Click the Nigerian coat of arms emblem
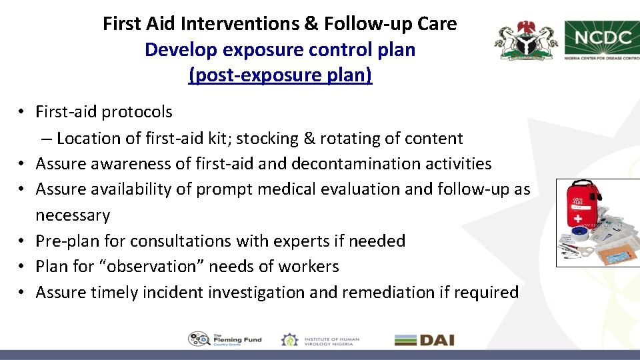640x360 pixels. click(525, 41)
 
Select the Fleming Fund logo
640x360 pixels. click(225, 339)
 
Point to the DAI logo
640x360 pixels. click(424, 340)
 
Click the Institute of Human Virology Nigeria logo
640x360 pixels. click(320, 339)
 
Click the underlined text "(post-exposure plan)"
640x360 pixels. click(281, 75)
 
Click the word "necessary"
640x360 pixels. click(73, 215)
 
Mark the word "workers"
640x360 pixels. click(307, 267)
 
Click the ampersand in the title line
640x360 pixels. click(311, 24)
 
